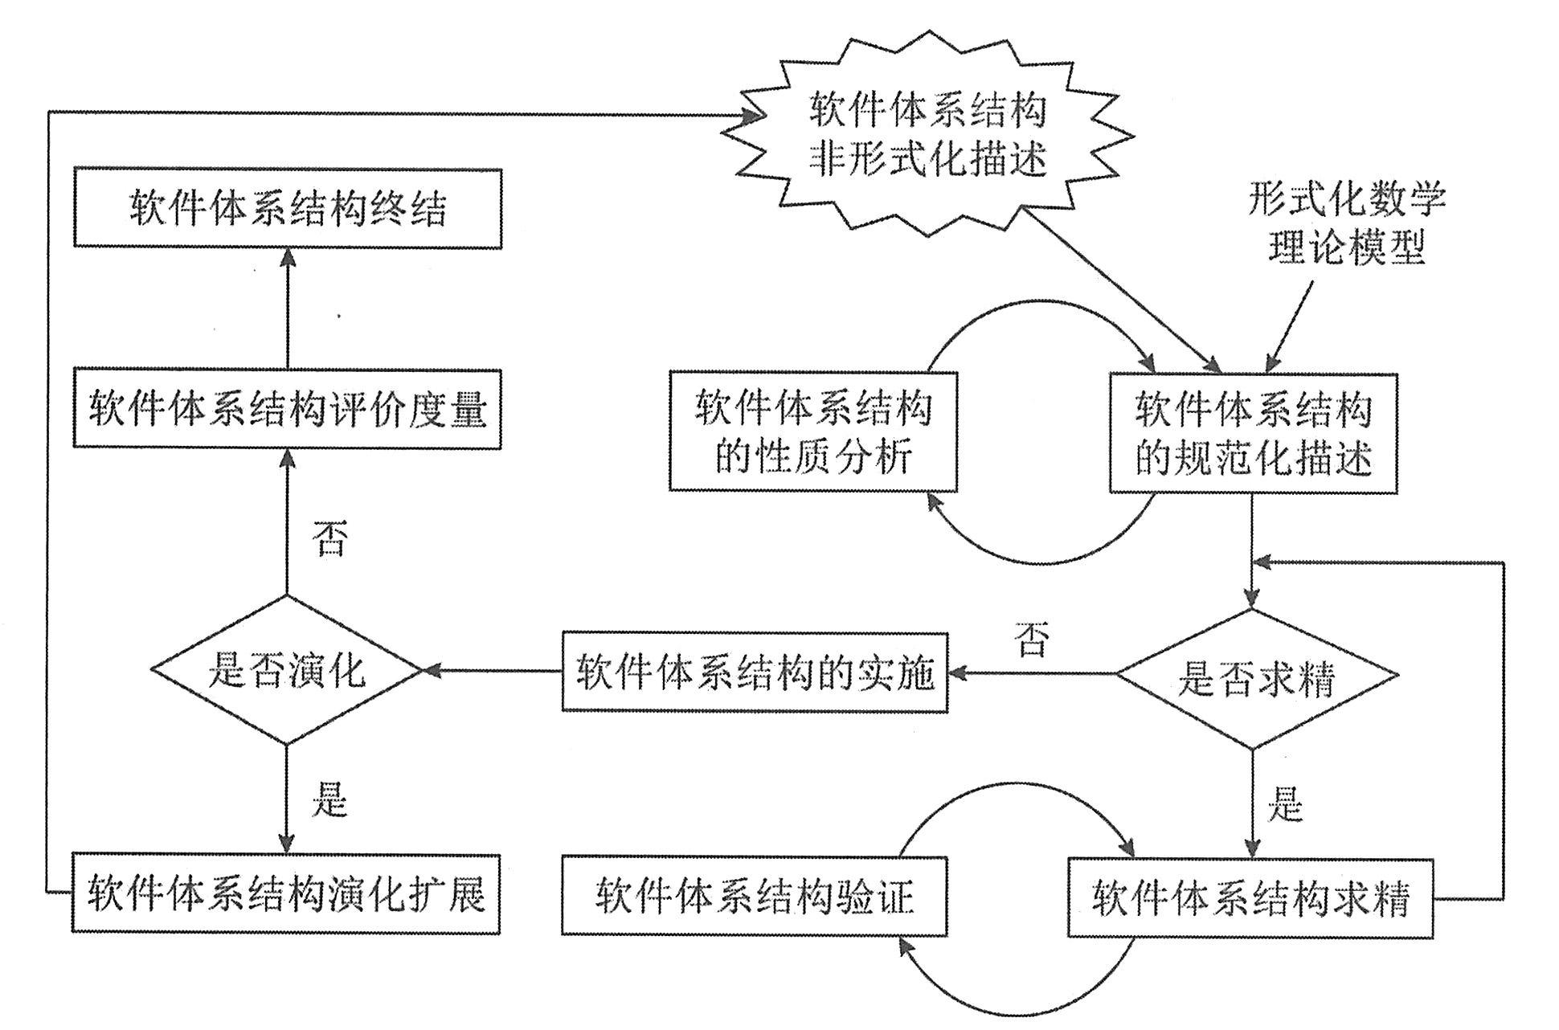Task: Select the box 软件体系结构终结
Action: [x=288, y=208]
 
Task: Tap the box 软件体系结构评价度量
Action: [x=288, y=409]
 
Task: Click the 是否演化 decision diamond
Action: [x=287, y=670]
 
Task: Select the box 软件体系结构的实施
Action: [x=755, y=672]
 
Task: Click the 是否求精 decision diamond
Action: [x=1256, y=680]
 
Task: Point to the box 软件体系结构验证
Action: [x=755, y=896]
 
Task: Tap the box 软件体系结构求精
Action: [x=1250, y=898]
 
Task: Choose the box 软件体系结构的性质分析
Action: [x=813, y=431]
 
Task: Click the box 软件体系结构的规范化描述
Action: [x=1253, y=433]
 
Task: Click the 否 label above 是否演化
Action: [x=330, y=538]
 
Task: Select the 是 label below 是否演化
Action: [x=329, y=799]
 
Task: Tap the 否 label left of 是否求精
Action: [x=1032, y=640]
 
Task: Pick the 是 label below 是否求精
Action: [x=1284, y=803]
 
